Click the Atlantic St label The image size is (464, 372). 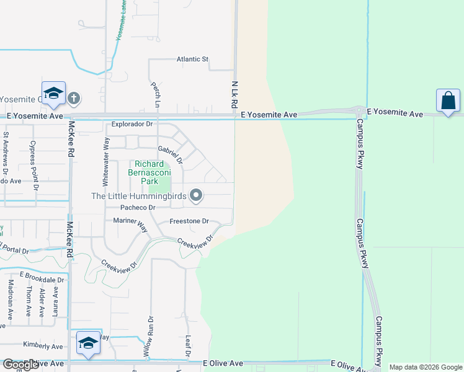coord(192,60)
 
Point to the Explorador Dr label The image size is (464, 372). coord(132,124)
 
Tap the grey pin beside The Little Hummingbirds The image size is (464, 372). coord(196,196)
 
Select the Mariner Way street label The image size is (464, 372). coord(130,223)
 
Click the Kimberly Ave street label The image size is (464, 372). coord(43,346)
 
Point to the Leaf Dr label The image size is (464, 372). coord(188,346)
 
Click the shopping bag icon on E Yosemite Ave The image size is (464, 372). coord(447,100)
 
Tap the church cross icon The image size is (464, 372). coord(74,97)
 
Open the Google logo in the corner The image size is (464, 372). coord(21,365)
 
